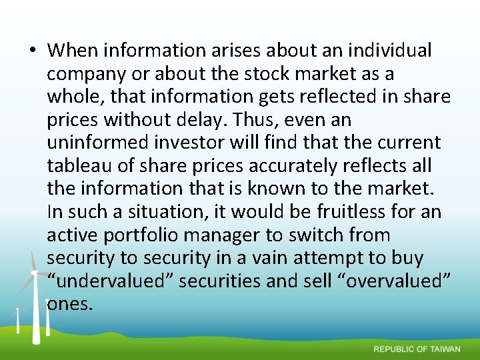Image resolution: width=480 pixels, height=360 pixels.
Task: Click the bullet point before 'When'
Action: coord(32,51)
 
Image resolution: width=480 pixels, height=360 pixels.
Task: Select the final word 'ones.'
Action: coord(70,304)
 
